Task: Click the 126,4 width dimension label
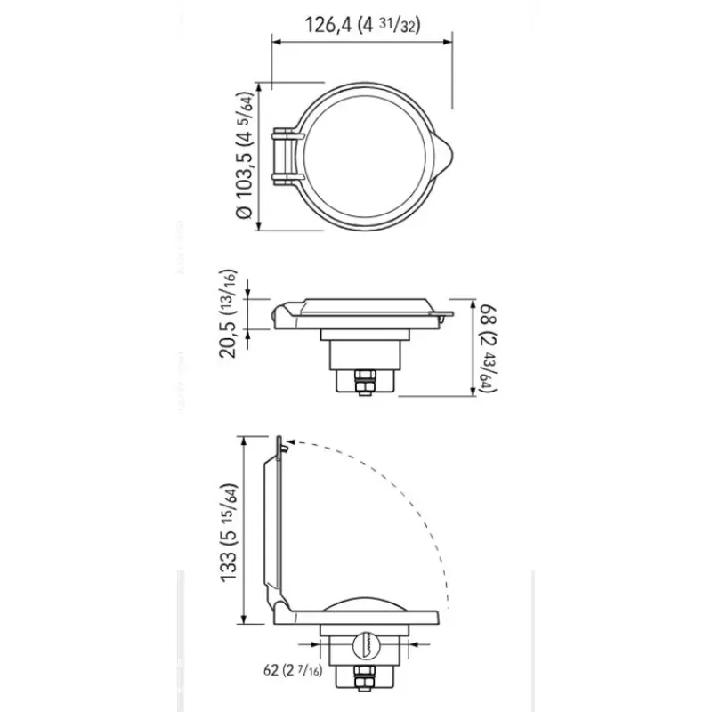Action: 362,25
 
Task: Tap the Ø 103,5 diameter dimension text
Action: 244,156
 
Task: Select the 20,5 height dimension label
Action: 228,314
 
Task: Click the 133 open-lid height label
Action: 229,532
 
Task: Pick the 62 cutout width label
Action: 293,670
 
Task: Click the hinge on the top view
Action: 287,157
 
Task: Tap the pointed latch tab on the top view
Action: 443,157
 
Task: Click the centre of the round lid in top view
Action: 365,157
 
